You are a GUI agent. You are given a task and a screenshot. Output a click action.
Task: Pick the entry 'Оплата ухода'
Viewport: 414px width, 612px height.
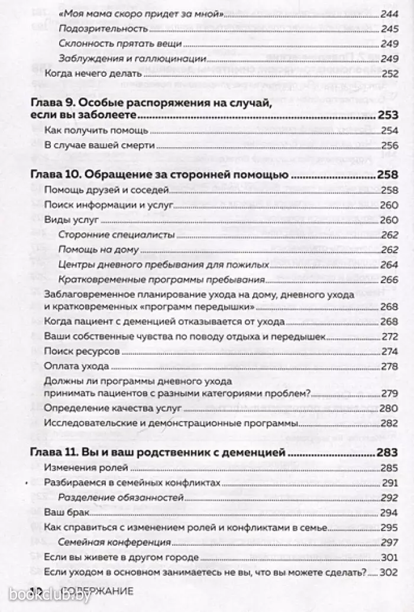click(69, 366)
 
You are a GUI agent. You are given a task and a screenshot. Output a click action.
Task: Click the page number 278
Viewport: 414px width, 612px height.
click(387, 367)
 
